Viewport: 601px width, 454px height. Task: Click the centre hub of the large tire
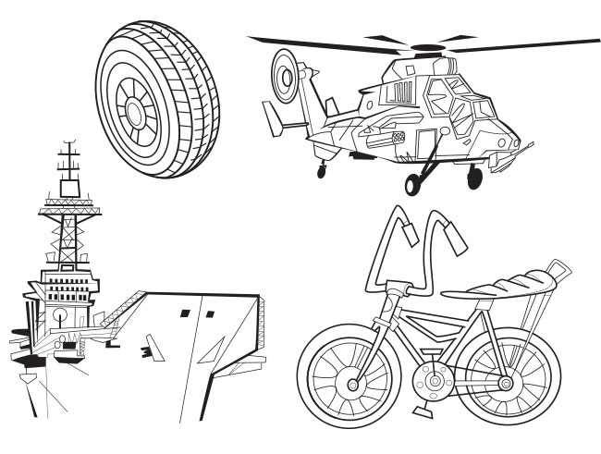(137, 113)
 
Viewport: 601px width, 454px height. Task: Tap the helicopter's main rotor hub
(427, 46)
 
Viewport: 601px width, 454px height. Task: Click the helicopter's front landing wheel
(473, 177)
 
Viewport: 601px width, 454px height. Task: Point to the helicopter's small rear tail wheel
(321, 170)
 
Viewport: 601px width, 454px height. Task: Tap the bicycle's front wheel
(349, 382)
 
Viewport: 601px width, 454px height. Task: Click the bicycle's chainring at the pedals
(429, 379)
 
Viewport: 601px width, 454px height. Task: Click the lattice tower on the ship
(70, 236)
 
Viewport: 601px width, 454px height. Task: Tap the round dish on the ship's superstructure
(60, 314)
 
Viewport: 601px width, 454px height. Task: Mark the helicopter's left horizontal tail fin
(273, 117)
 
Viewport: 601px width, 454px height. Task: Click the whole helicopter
(416, 111)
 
